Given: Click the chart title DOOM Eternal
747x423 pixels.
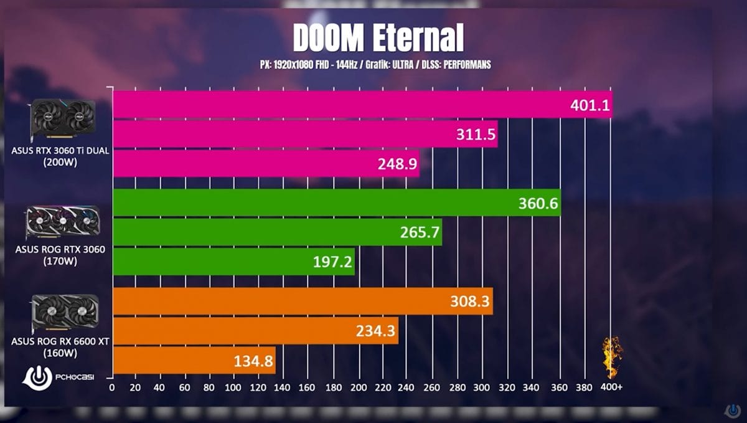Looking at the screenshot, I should tap(378, 39).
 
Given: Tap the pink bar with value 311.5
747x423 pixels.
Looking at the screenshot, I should tap(305, 134).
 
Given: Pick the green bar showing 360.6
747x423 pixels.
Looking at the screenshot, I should tap(336, 203).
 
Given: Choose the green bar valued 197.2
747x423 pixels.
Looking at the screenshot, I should tap(233, 262).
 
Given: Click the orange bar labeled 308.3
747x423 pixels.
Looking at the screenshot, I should tap(303, 302).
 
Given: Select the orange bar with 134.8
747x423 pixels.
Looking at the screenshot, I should tap(194, 361).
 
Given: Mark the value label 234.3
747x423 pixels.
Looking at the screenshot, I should tap(375, 331).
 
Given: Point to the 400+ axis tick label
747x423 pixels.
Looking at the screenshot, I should tap(611, 387).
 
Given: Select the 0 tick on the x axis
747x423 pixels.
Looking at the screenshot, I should tap(112, 387).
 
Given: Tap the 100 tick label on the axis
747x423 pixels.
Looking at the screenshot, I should tap(233, 387).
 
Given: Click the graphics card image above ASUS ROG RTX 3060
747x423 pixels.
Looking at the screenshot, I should tap(62, 224).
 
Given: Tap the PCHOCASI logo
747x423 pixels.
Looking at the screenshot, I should tap(58, 378).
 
